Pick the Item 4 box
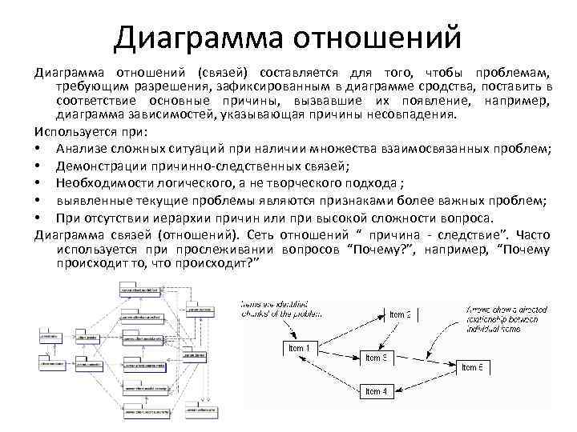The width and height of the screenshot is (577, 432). (x=376, y=391)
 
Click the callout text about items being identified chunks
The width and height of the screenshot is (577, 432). (x=276, y=309)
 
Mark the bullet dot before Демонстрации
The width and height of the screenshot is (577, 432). (x=39, y=166)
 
